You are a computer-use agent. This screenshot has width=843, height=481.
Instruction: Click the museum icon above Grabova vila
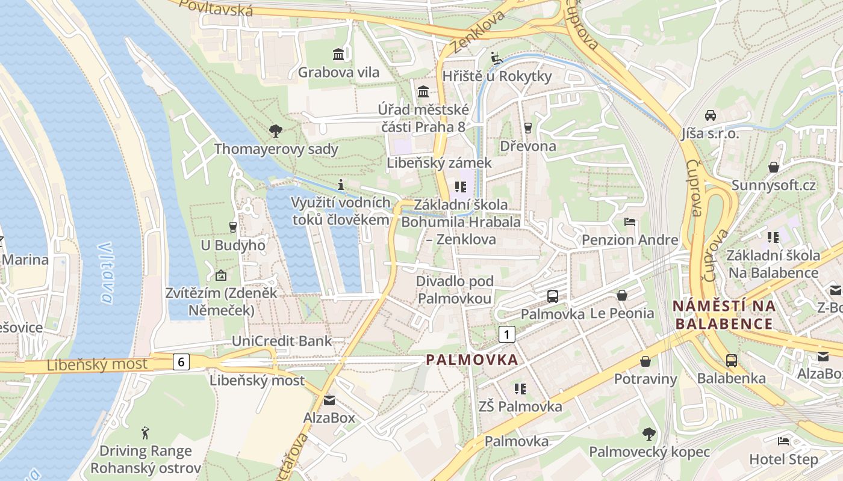coord(338,55)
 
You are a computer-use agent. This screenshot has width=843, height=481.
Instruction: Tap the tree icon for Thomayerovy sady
coord(276,130)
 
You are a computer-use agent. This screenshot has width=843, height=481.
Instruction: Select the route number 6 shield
coord(181,361)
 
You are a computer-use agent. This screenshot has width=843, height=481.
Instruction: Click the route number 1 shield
coord(508,334)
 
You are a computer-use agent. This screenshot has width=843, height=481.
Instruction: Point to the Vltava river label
coord(106,273)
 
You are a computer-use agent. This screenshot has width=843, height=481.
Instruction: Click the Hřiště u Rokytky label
coord(497,76)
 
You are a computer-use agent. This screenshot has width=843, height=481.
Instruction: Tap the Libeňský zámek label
coord(439,163)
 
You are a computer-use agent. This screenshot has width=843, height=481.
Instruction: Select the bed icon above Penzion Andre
coord(630,222)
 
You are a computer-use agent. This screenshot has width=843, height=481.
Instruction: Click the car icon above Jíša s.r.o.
coord(711,115)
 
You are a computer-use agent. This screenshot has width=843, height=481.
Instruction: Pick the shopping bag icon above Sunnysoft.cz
coord(774,167)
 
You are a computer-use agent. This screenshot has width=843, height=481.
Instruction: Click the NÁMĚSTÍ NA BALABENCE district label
coord(724,314)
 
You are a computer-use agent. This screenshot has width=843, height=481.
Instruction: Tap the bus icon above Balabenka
coord(732,360)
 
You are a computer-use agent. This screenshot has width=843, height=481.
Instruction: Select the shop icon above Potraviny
coord(645,361)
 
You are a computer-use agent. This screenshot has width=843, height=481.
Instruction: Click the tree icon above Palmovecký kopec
coord(649,434)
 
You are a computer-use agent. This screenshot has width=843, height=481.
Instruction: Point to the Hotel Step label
coord(783,459)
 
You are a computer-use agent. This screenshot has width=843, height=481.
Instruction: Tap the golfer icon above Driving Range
coord(145,432)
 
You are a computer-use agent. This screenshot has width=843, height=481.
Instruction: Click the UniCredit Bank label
coord(282,342)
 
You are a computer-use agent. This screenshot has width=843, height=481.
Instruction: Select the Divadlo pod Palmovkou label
coord(455,289)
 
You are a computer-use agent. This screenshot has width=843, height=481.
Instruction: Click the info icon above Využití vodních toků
coord(341,184)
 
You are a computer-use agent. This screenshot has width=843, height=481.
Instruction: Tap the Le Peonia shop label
coord(622,313)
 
